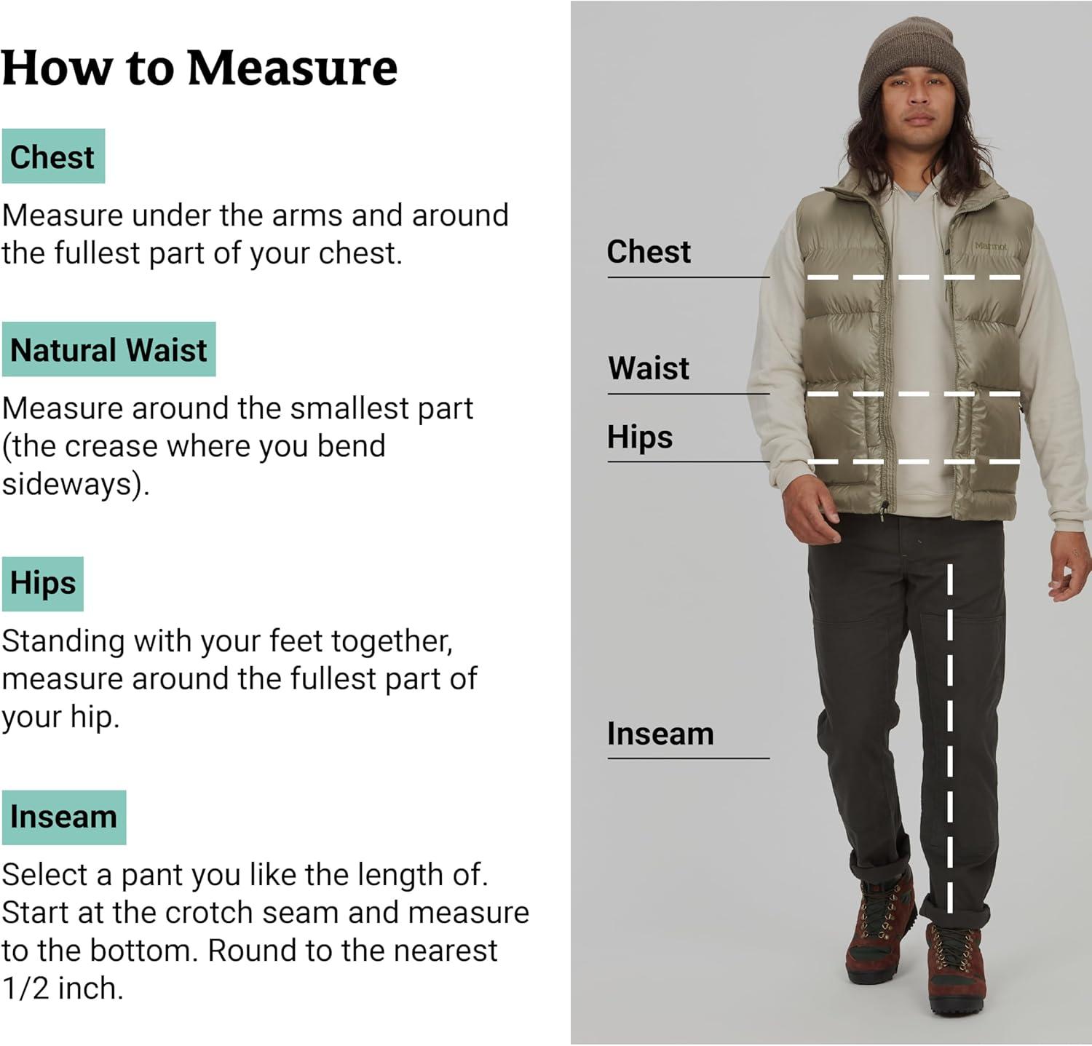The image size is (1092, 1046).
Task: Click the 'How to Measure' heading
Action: (x=199, y=68)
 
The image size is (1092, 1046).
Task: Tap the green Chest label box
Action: (x=53, y=156)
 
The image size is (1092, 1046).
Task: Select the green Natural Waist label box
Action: (x=108, y=349)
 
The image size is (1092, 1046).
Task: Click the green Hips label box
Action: (x=43, y=584)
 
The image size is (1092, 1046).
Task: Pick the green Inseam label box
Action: (x=64, y=817)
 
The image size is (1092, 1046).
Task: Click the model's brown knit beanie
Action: (x=914, y=64)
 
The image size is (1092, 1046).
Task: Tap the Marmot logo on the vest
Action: (x=991, y=247)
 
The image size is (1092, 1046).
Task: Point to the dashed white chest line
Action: (x=914, y=277)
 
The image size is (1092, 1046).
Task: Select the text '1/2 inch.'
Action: (x=63, y=988)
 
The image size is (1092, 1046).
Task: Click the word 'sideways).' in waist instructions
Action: (x=76, y=484)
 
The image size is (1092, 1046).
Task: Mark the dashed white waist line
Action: (x=914, y=394)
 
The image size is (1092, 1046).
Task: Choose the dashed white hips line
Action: (x=914, y=461)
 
